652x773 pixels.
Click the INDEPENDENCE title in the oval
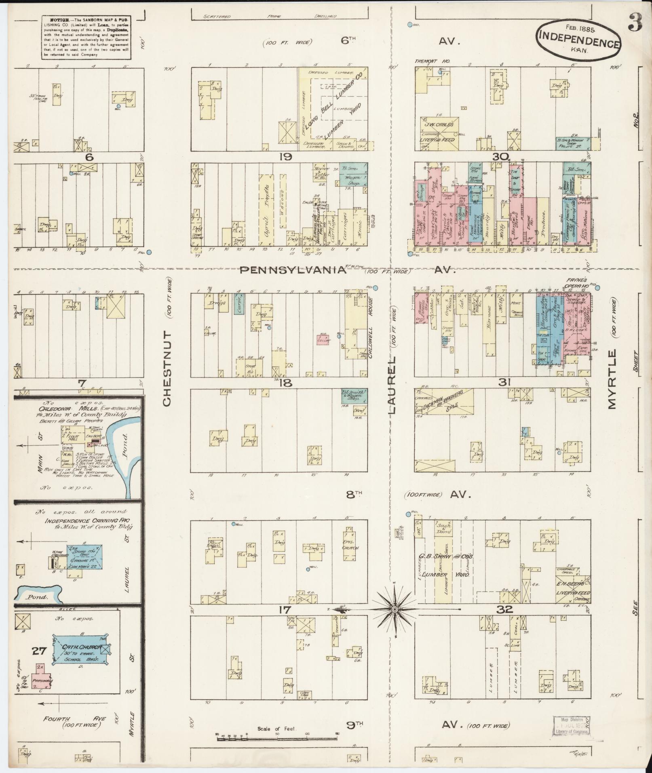point(578,39)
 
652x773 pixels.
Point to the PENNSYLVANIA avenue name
point(293,270)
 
